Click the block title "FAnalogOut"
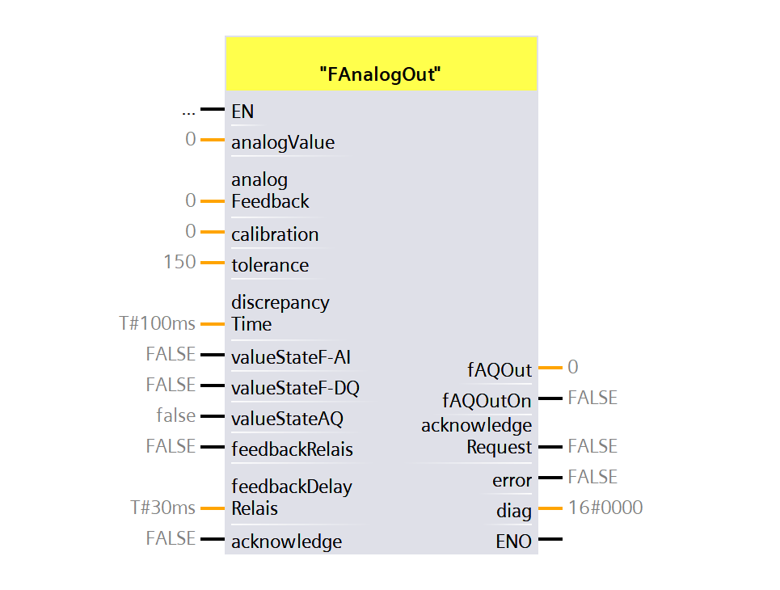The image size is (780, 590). pyautogui.click(x=380, y=74)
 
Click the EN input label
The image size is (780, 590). pyautogui.click(x=242, y=112)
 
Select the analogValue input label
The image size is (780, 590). pyautogui.click(x=283, y=143)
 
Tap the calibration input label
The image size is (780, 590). pyautogui.click(x=275, y=234)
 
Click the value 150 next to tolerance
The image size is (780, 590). pyautogui.click(x=179, y=262)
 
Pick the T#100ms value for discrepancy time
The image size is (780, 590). pyautogui.click(x=157, y=323)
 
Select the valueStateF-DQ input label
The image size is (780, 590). pyautogui.click(x=295, y=388)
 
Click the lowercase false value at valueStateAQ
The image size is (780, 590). pyautogui.click(x=176, y=415)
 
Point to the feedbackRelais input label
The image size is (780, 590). pyautogui.click(x=292, y=449)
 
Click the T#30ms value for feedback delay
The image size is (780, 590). pyautogui.click(x=163, y=508)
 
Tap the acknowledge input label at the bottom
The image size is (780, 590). pyautogui.click(x=286, y=542)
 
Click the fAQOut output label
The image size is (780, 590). pyautogui.click(x=500, y=370)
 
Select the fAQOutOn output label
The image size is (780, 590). pyautogui.click(x=487, y=401)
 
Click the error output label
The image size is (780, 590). pyautogui.click(x=512, y=481)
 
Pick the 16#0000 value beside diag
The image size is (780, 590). pyautogui.click(x=605, y=508)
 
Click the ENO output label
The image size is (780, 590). pyautogui.click(x=513, y=542)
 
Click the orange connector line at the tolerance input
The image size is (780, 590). pyautogui.click(x=212, y=263)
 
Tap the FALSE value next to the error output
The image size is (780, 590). pyautogui.click(x=592, y=477)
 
